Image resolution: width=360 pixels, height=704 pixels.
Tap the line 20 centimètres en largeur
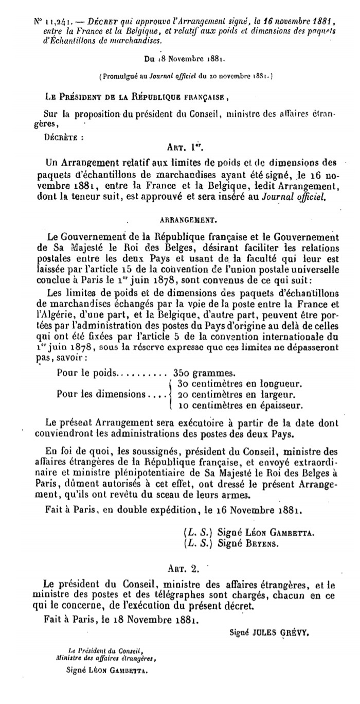coord(236,395)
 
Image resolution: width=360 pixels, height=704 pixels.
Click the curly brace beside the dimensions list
coord(171,395)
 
